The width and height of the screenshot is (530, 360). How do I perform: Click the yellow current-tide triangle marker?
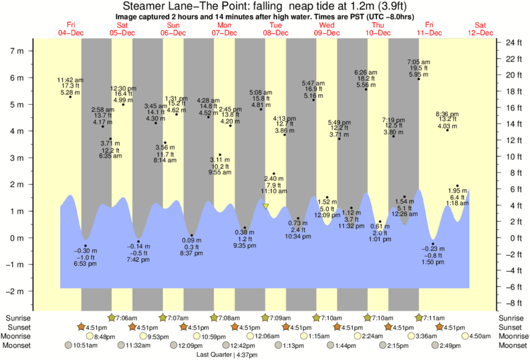pyautogui.click(x=266, y=207)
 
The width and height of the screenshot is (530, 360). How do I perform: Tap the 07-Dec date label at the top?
pyautogui.click(x=225, y=33)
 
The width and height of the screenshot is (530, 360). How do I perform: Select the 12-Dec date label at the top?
pyautogui.click(x=481, y=33)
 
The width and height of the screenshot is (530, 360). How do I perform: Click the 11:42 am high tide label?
pyautogui.click(x=70, y=86)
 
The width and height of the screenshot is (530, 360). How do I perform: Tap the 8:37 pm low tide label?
pyautogui.click(x=191, y=247)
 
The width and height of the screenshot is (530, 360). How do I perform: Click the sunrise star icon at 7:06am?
pyautogui.click(x=112, y=318)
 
